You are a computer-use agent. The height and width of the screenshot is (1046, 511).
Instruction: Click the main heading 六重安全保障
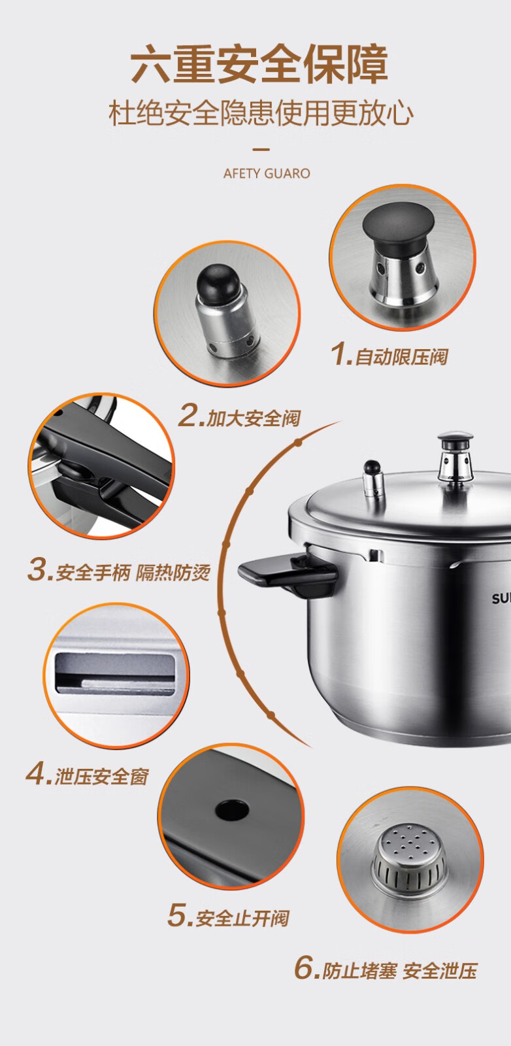click(259, 64)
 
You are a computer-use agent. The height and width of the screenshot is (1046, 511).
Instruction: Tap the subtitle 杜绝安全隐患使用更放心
click(261, 114)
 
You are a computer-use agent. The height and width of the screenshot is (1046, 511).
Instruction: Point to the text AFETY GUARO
click(267, 174)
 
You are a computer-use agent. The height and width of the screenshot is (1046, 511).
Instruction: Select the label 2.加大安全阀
click(239, 415)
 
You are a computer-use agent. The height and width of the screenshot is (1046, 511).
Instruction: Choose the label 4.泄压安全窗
click(88, 774)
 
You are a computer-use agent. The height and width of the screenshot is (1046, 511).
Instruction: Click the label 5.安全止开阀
click(229, 916)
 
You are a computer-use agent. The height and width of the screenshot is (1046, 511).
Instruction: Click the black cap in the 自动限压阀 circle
click(398, 228)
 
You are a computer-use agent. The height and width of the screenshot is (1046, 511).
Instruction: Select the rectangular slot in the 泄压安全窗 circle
click(115, 673)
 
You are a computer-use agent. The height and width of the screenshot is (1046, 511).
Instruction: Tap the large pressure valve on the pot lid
click(455, 457)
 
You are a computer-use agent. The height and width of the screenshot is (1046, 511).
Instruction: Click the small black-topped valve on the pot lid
click(373, 479)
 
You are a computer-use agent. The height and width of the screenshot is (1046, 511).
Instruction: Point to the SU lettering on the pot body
click(501, 598)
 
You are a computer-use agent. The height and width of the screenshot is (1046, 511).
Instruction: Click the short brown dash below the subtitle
click(261, 150)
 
